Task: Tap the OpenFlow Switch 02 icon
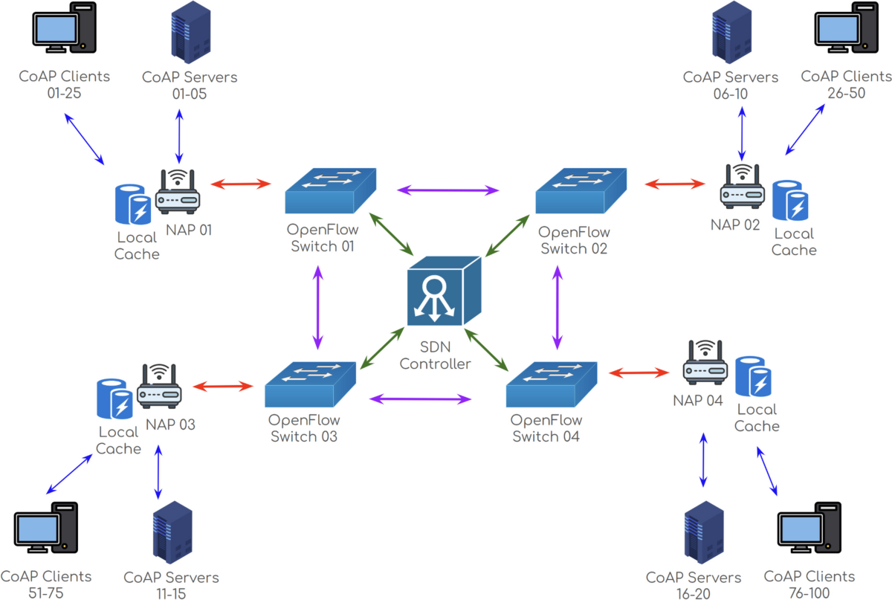click(581, 192)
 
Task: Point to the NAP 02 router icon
click(742, 187)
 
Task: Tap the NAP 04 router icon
click(705, 362)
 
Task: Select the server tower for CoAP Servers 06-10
click(731, 32)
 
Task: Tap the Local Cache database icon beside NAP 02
click(791, 201)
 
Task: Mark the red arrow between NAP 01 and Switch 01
click(241, 183)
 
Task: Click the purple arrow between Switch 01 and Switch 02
click(447, 190)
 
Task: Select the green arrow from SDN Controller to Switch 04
click(486, 354)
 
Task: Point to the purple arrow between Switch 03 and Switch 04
click(421, 399)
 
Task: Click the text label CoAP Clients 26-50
click(846, 85)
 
